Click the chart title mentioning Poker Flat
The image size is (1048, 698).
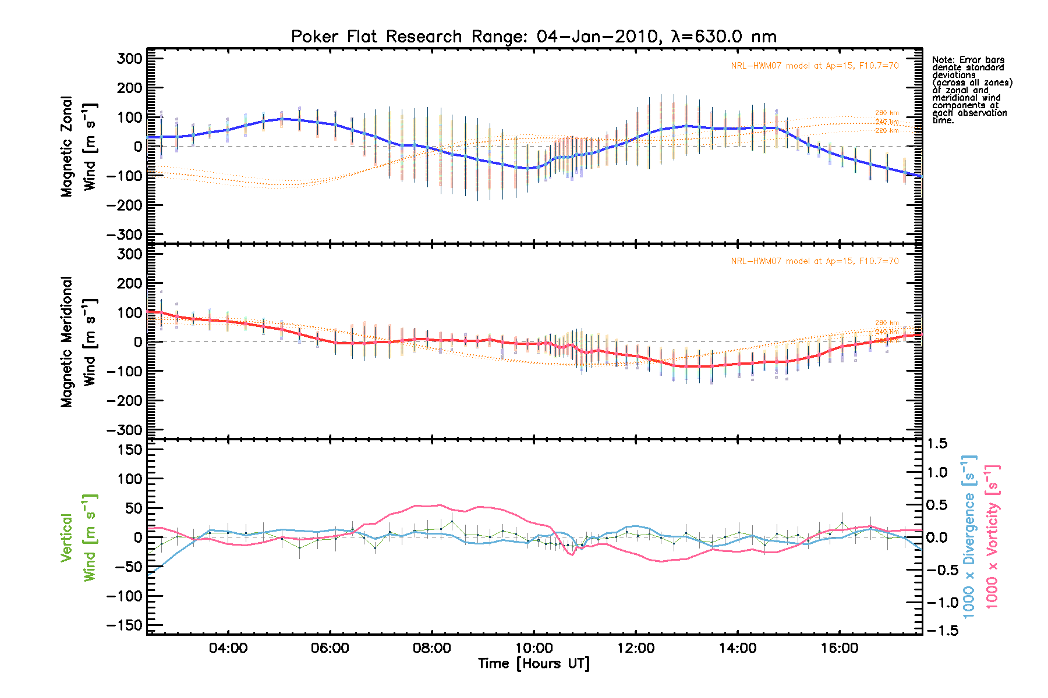pyautogui.click(x=533, y=37)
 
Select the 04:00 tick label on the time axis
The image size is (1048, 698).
pyautogui.click(x=228, y=648)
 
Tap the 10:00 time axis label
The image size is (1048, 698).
pyautogui.click(x=534, y=648)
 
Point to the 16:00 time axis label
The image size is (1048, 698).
pyautogui.click(x=840, y=648)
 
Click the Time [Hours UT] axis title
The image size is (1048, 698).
pyautogui.click(x=533, y=664)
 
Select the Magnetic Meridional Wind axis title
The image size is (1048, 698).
pyautogui.click(x=78, y=342)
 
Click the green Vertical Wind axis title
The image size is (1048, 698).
pyautogui.click(x=78, y=537)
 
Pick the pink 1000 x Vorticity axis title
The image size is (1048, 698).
pyautogui.click(x=992, y=537)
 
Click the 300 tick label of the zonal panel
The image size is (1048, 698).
pyautogui.click(x=129, y=58)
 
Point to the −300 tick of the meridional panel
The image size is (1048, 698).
pyautogui.click(x=125, y=430)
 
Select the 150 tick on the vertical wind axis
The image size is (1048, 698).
pyautogui.click(x=129, y=450)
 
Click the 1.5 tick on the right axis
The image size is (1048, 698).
pyautogui.click(x=937, y=444)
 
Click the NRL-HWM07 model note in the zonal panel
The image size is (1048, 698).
pyautogui.click(x=815, y=66)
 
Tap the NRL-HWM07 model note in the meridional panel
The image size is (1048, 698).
pyautogui.click(x=815, y=261)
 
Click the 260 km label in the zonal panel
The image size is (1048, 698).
pyautogui.click(x=887, y=113)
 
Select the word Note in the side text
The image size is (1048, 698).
pyautogui.click(x=942, y=60)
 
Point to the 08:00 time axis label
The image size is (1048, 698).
pyautogui.click(x=431, y=648)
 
